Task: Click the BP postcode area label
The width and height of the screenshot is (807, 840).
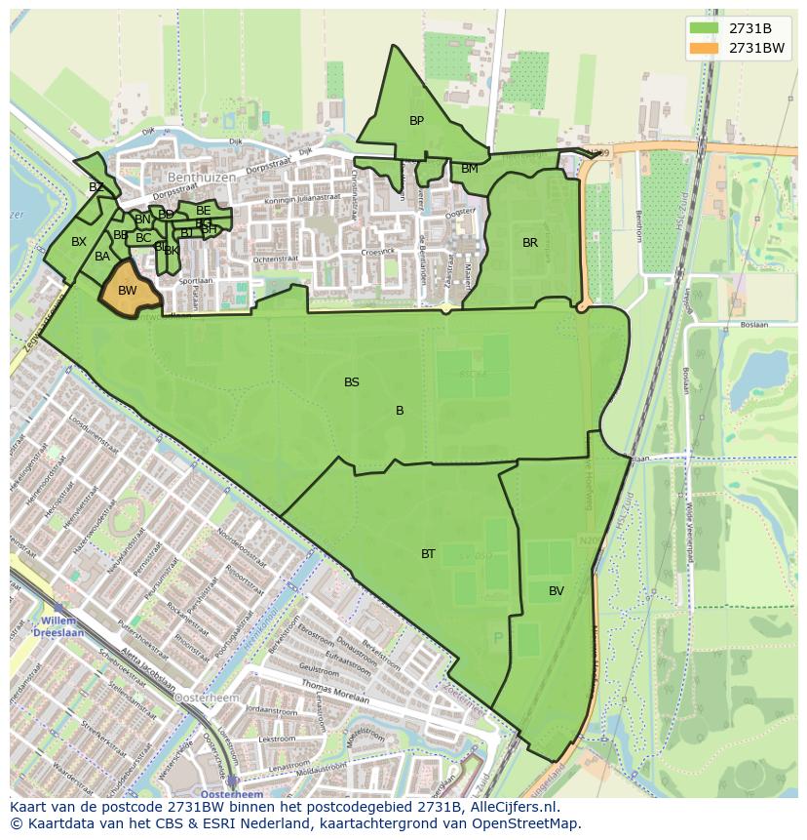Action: point(416,121)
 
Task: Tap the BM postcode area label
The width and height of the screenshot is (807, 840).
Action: point(470,169)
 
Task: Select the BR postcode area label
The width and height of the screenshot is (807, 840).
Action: point(530,243)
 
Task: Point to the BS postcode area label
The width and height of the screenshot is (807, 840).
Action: point(352,382)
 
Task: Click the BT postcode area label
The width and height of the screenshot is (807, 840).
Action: point(428,554)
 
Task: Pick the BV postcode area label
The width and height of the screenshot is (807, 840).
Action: point(556,591)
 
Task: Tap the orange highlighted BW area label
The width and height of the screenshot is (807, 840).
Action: point(127,291)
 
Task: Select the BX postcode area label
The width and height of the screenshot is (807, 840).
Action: point(79,242)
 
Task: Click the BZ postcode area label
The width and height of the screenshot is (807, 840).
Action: point(96,187)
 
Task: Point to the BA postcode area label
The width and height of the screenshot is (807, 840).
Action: point(102,258)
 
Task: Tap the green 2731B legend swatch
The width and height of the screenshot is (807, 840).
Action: point(703,28)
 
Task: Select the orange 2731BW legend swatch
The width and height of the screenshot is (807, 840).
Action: point(703,48)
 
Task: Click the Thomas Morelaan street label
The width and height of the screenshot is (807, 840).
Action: point(335,693)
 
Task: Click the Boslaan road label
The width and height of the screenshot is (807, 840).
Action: point(753,326)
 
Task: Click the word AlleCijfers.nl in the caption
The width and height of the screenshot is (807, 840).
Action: point(522,807)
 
